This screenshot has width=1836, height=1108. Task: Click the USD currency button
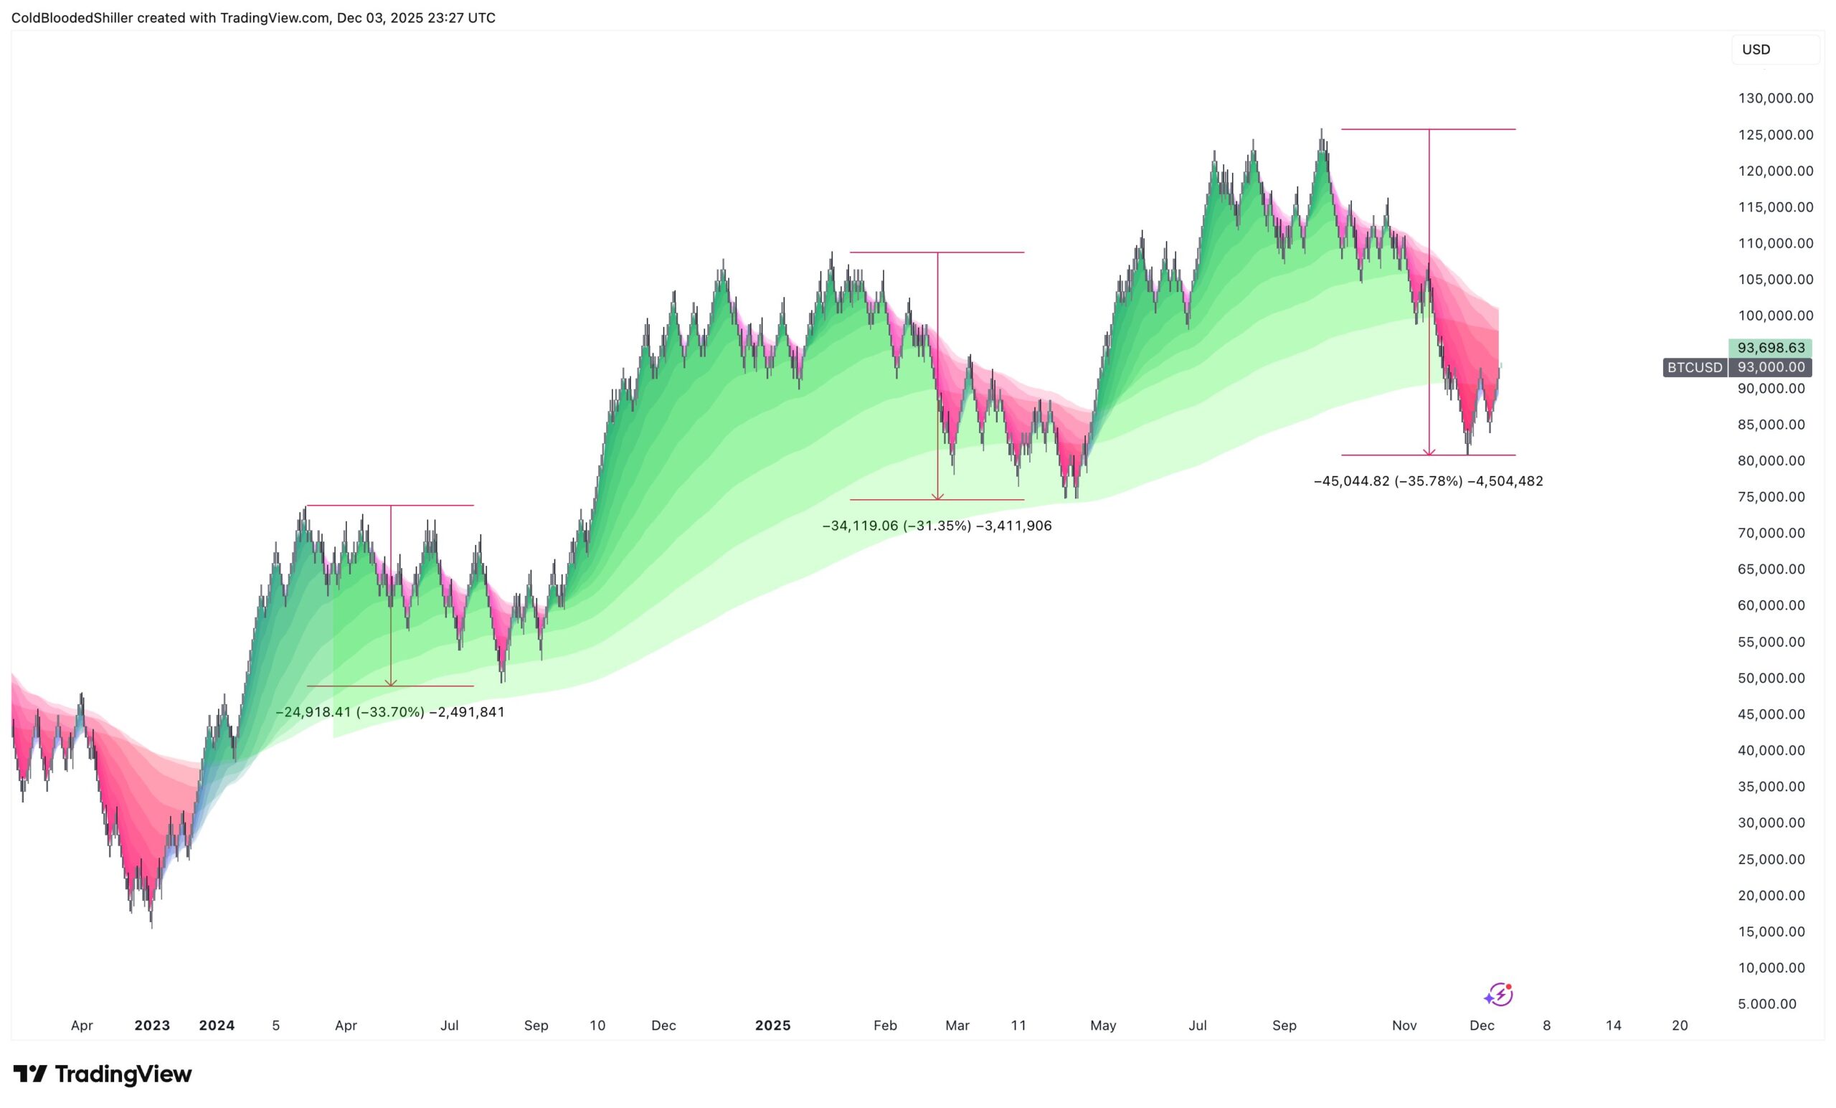pos(1756,50)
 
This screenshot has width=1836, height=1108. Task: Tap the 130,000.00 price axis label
pos(1775,98)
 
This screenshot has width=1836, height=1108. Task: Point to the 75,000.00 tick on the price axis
pos(1771,497)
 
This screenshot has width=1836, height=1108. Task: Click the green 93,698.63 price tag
pos(1771,348)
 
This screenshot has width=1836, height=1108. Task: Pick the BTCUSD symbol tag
pos(1695,367)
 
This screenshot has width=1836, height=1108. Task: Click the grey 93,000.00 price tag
pos(1771,367)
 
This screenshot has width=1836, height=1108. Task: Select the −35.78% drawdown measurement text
pos(1428,481)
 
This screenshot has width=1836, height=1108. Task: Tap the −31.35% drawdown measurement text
pos(937,526)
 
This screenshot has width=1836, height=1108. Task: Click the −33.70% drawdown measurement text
pos(389,712)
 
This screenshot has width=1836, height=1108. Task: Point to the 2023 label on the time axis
pos(152,1026)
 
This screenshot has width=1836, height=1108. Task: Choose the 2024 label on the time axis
pos(217,1026)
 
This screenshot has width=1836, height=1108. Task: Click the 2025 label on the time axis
pos(772,1026)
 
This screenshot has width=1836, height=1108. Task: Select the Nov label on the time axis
pos(1404,1026)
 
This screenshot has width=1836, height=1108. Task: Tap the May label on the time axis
pos(1103,1026)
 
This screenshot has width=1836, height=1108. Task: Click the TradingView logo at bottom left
pos(103,1074)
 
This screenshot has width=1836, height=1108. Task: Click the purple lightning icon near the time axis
pos(1498,995)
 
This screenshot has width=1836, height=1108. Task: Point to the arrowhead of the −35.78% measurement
pos(1429,452)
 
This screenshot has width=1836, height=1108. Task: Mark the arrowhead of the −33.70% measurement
pos(390,683)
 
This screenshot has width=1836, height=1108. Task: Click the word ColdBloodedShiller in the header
pos(72,18)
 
